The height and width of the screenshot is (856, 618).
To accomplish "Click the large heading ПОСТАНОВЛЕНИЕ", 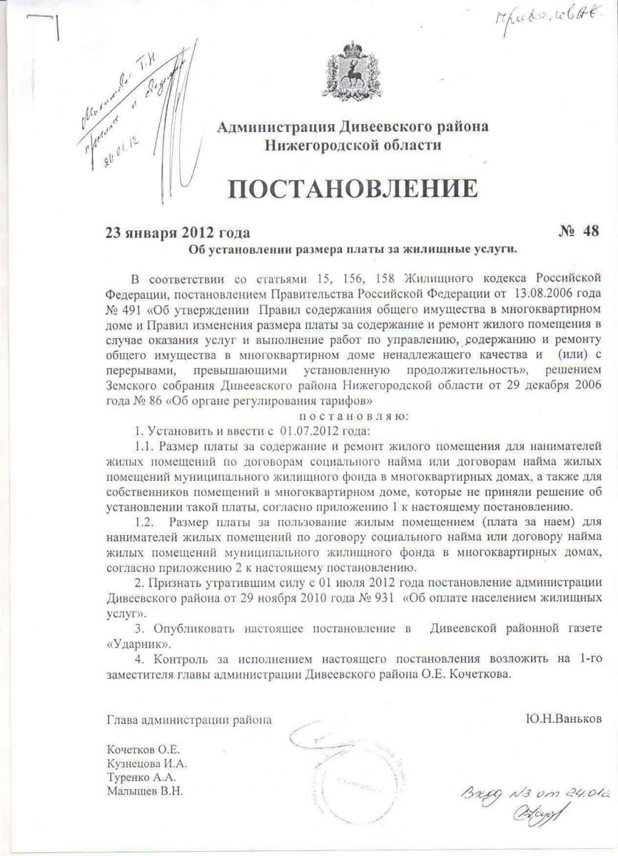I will pyautogui.click(x=353, y=188).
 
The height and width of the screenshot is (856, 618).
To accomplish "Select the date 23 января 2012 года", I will pyautogui.click(x=178, y=233).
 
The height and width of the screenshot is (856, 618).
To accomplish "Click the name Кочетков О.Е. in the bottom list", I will pyautogui.click(x=144, y=750).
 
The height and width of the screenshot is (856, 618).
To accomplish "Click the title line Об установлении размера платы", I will pyautogui.click(x=351, y=249).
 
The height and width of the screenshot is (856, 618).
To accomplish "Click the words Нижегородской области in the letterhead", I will pyautogui.click(x=353, y=146).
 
